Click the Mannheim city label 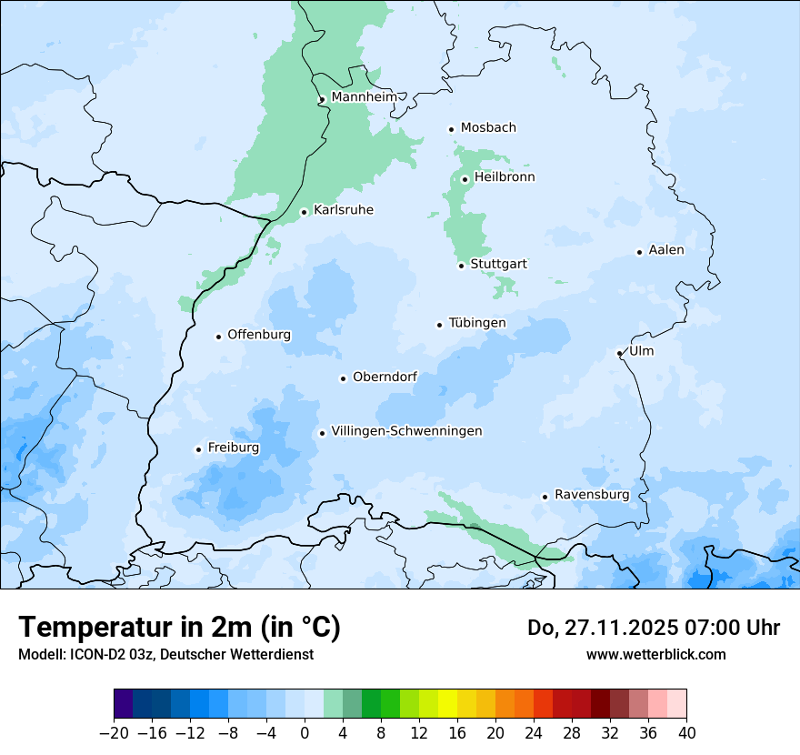[x=365, y=96]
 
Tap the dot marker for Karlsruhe [x=305, y=212]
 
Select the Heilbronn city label [x=505, y=176]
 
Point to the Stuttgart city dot [x=462, y=266]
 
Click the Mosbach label [x=488, y=127]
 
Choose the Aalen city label [x=666, y=249]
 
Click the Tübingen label [x=477, y=323]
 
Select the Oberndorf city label [x=385, y=377]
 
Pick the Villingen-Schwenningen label [x=406, y=431]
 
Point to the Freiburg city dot [x=198, y=449]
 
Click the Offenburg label [x=259, y=335]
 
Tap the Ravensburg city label [x=592, y=495]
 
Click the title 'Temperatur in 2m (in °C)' [x=179, y=627]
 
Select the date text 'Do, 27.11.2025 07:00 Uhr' [x=653, y=628]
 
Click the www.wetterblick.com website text [x=655, y=654]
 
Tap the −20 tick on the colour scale [x=114, y=733]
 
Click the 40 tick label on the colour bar [x=686, y=733]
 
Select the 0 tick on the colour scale [x=305, y=733]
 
